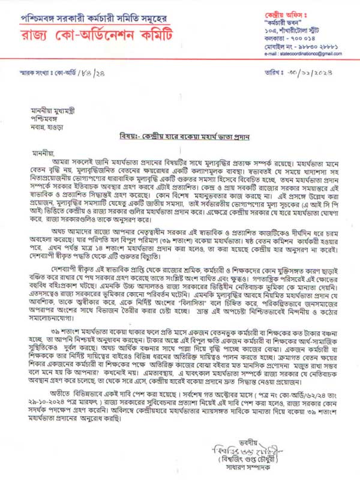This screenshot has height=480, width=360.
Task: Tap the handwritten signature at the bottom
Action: point(287,452)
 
